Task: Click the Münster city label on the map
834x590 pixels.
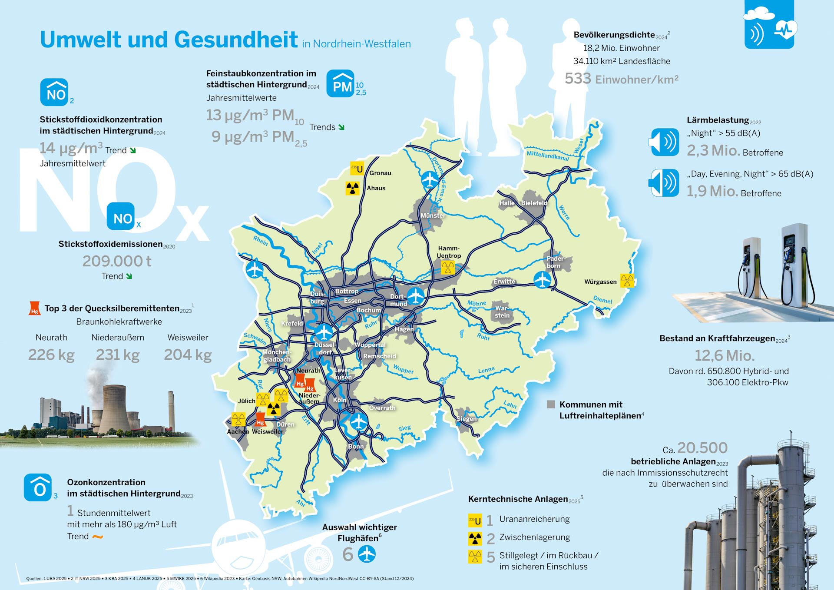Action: [432, 215]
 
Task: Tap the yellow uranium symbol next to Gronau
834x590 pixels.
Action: [357, 168]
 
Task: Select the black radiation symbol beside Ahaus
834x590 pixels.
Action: [352, 188]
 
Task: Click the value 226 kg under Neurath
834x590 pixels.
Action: [51, 355]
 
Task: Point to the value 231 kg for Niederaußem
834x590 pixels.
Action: [118, 355]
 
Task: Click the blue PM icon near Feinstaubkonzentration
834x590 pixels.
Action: [340, 84]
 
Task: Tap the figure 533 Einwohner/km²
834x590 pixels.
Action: [621, 79]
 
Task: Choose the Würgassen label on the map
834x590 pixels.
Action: [600, 282]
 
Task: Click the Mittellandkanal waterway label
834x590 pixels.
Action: [547, 156]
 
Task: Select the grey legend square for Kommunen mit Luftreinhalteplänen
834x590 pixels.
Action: [551, 404]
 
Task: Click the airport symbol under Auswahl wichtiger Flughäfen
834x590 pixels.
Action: [367, 554]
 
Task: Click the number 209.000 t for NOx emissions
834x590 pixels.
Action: [117, 261]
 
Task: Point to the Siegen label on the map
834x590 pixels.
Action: [467, 419]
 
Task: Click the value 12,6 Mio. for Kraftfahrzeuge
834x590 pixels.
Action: [724, 356]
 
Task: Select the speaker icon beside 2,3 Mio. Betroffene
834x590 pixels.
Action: [664, 142]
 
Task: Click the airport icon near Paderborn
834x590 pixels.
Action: [542, 279]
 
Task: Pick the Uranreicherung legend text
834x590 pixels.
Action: [534, 519]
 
